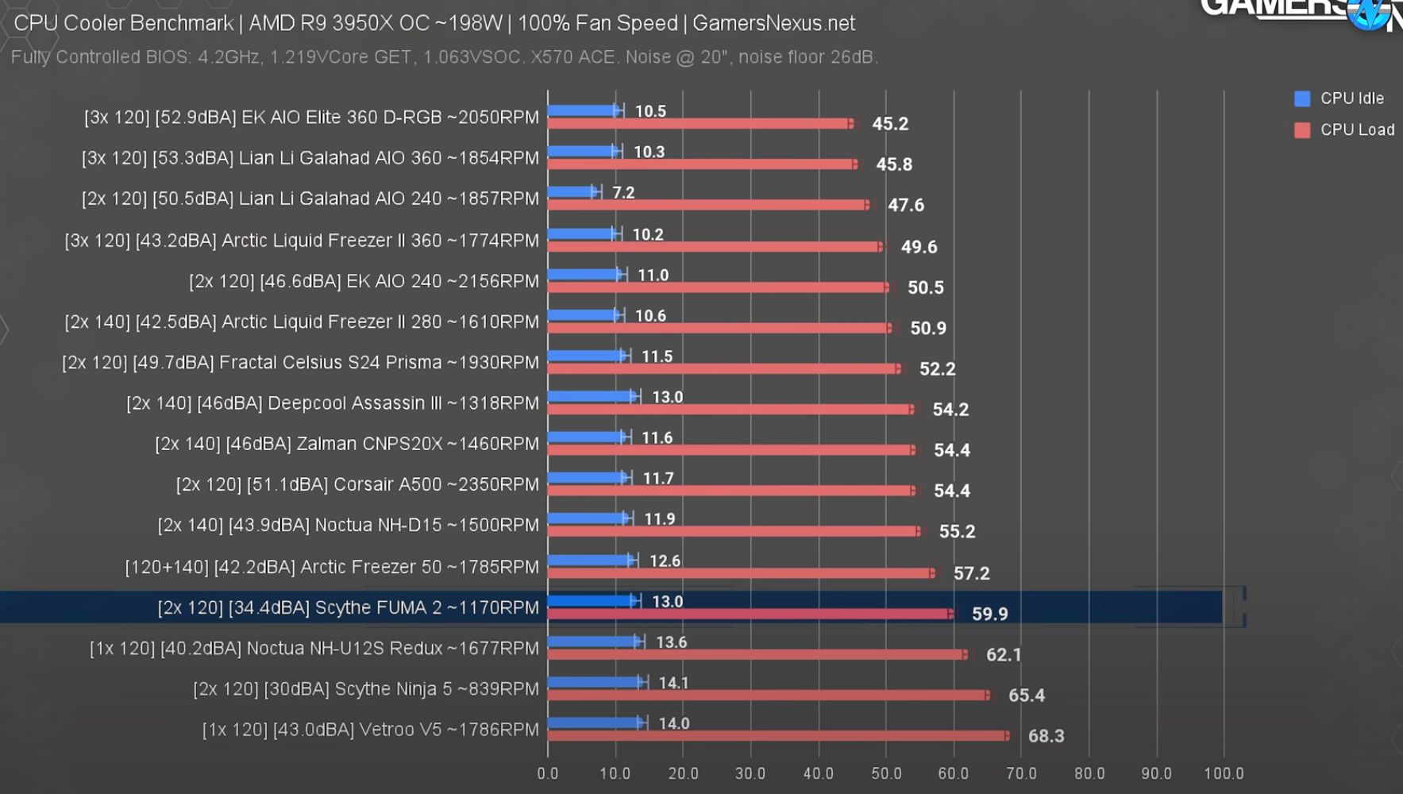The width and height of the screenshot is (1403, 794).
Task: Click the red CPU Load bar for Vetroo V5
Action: (778, 736)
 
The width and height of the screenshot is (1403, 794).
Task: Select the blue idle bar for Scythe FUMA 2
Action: (592, 601)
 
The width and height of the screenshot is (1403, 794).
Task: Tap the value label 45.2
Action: (890, 124)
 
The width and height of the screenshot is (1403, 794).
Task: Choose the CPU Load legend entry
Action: (1344, 129)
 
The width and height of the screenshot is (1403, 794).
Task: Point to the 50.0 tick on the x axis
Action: (886, 773)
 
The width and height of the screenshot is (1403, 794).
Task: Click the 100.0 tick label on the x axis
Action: (1224, 773)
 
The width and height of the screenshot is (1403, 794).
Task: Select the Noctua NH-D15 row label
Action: (349, 525)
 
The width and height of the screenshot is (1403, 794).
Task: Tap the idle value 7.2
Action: (623, 193)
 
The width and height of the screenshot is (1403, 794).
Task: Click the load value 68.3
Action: (1046, 736)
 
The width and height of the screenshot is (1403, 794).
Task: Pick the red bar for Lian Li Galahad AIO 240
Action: (707, 205)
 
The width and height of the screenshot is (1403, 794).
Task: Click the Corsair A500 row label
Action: (357, 484)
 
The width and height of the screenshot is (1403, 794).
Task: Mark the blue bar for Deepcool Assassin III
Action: (592, 396)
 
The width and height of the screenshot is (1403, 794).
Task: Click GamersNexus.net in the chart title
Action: (773, 23)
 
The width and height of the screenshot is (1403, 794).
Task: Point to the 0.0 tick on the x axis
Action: (547, 773)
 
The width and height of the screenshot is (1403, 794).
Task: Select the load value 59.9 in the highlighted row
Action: (989, 614)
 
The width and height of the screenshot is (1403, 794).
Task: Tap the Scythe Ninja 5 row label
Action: (366, 688)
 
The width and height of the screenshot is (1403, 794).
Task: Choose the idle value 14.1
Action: (673, 683)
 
